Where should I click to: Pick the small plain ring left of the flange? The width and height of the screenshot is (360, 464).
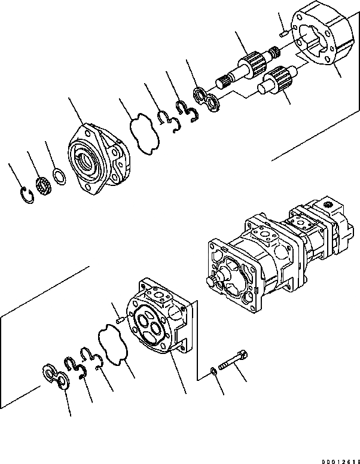point(59,176)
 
